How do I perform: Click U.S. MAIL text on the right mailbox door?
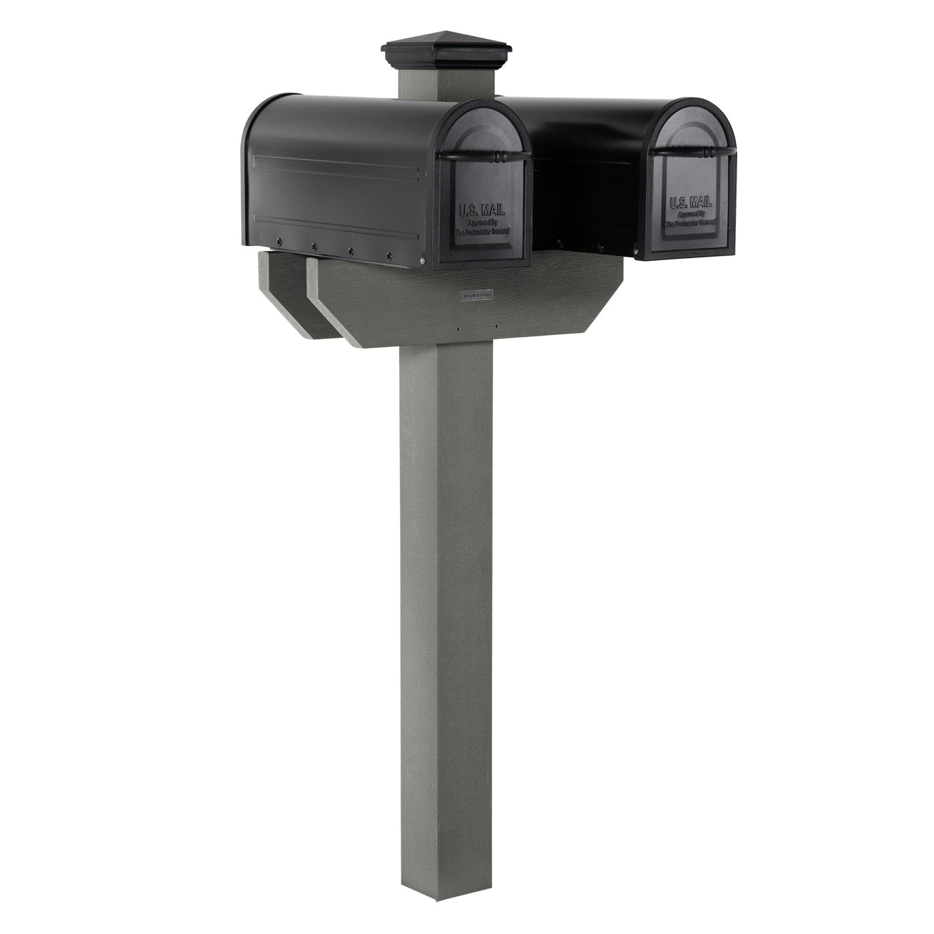point(690,202)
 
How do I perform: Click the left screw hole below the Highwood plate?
point(458,328)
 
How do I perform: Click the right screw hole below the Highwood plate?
point(496,326)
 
